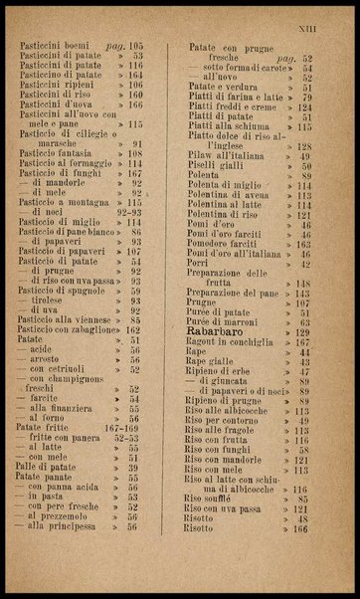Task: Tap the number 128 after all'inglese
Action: tap(304, 146)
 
